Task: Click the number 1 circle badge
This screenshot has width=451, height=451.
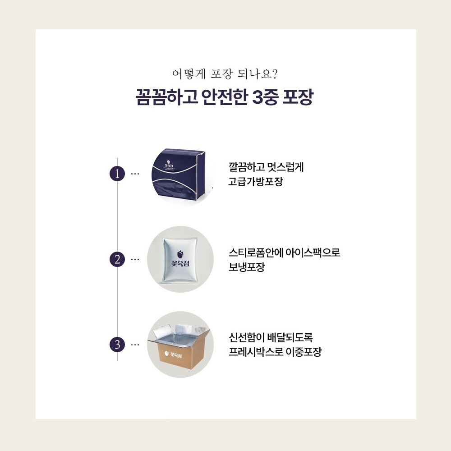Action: coord(117,174)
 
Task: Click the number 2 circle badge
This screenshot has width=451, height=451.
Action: coord(117,259)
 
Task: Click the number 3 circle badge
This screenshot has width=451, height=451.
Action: coord(117,345)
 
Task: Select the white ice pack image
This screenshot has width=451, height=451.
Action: coord(180,259)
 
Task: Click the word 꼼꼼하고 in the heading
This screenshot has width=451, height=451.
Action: coord(166,97)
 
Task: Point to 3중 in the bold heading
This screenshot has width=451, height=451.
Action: coord(265,97)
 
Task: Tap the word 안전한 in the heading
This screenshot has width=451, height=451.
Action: coord(224,97)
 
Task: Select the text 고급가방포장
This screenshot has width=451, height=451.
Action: coord(255,181)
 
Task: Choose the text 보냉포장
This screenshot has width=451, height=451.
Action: coord(247,267)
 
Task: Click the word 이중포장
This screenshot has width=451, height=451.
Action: coord(304,351)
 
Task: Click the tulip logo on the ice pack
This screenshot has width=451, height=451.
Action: coord(180,254)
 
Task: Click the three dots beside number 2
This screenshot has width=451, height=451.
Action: coord(135,259)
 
